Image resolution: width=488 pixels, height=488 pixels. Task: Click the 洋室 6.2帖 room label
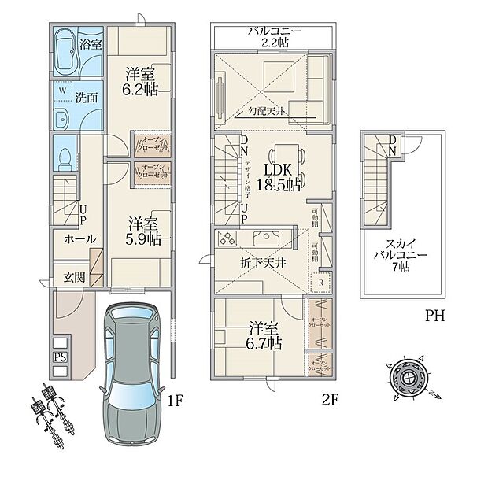(x=141, y=81)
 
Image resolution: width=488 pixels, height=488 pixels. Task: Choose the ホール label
(x=78, y=238)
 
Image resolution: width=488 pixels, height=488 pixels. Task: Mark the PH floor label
(x=435, y=316)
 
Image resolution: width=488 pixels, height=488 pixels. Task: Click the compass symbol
(x=409, y=379)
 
